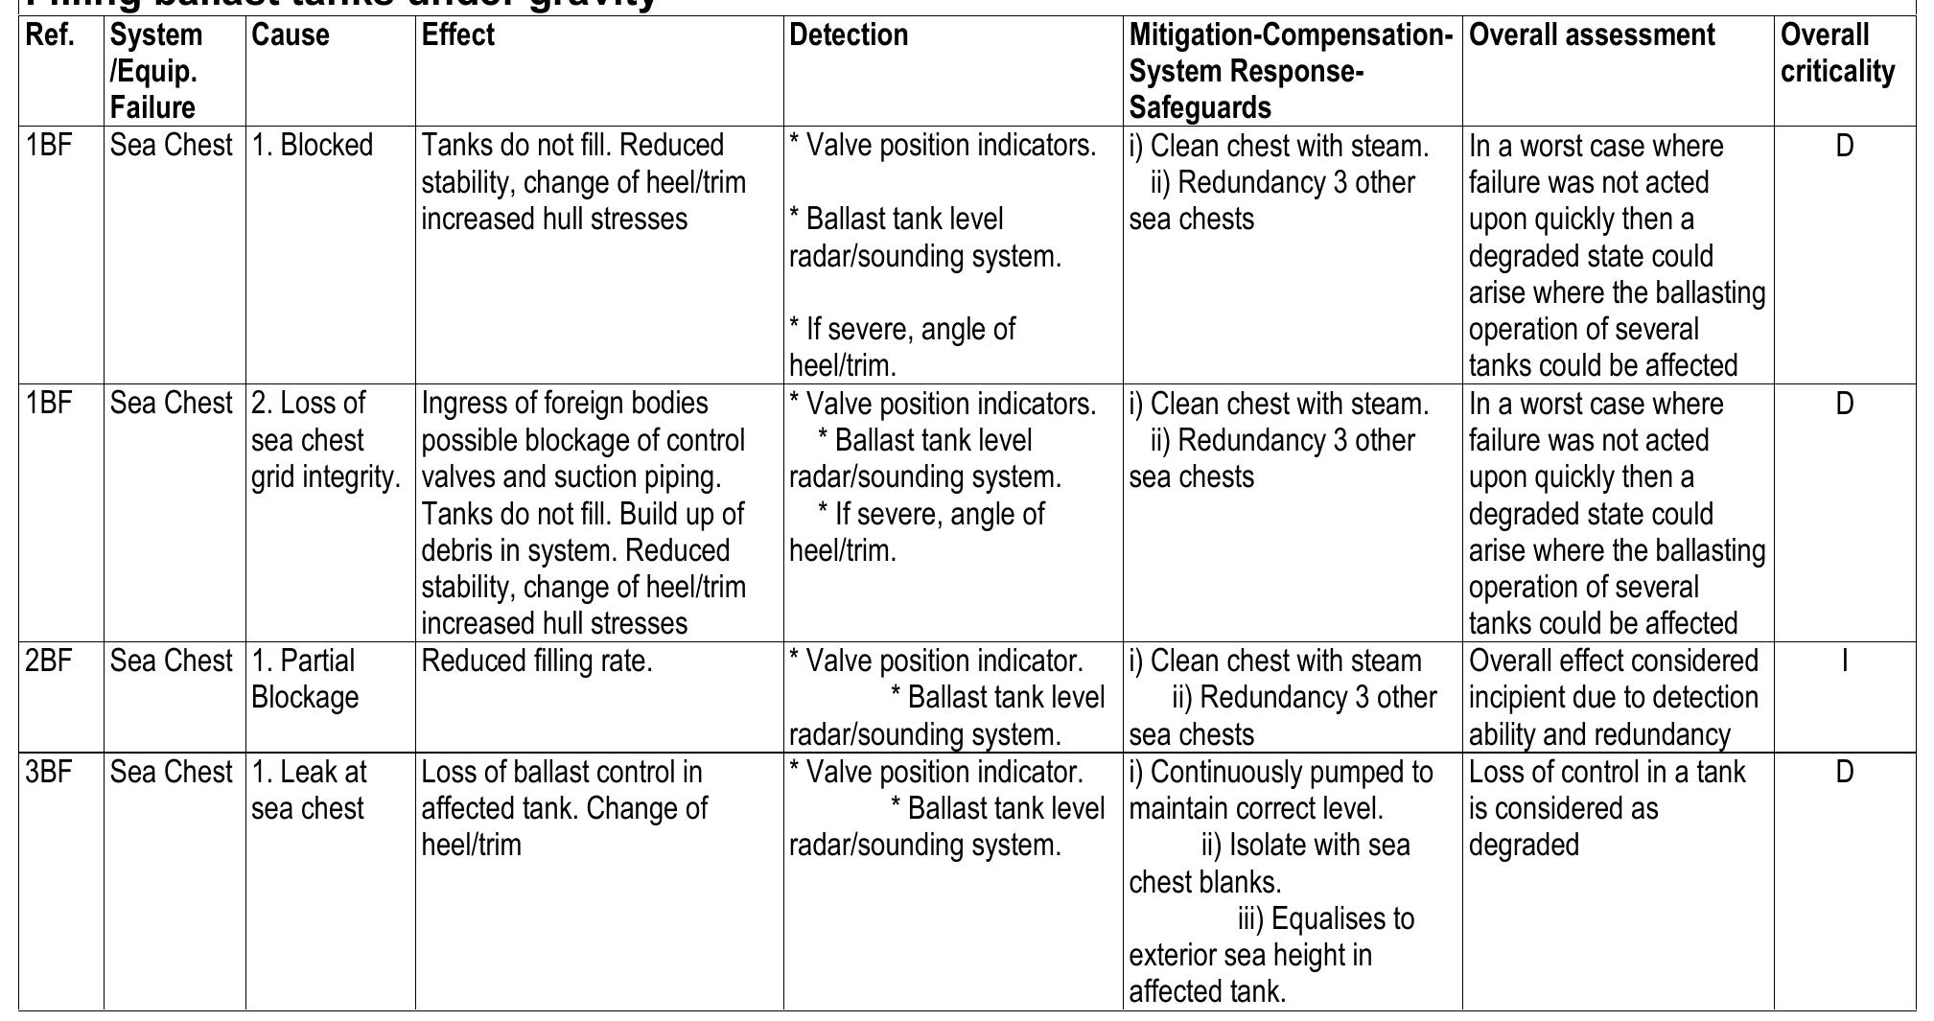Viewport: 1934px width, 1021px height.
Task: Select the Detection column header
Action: [x=848, y=35]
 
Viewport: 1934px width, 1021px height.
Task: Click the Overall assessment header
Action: [x=1592, y=35]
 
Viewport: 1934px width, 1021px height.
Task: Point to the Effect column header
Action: [x=457, y=35]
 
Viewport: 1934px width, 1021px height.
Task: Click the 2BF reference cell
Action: [x=49, y=661]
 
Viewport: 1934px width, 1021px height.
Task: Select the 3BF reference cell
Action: [x=49, y=773]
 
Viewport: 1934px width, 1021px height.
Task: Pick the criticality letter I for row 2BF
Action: [x=1844, y=661]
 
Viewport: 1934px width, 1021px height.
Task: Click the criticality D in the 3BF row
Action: [x=1844, y=773]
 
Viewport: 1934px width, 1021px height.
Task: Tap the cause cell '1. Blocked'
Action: [x=312, y=146]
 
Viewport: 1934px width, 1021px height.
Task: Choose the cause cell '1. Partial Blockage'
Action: [x=305, y=679]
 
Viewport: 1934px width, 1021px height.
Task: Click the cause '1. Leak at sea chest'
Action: [x=309, y=790]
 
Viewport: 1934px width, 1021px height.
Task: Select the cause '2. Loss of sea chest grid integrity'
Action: [x=324, y=440]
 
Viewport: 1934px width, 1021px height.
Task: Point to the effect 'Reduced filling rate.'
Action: [x=536, y=661]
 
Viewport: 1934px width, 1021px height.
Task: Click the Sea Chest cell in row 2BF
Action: [x=171, y=661]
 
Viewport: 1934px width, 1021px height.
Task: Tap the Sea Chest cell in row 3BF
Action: [x=171, y=773]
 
